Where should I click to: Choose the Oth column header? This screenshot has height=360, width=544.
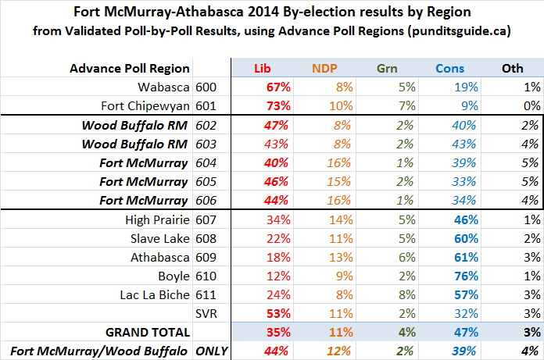click(512, 68)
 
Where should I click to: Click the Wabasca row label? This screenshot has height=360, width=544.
click(161, 87)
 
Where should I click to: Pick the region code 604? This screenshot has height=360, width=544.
click(207, 162)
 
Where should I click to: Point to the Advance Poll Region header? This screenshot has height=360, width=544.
click(130, 68)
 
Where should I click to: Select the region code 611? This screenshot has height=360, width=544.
click(207, 294)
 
